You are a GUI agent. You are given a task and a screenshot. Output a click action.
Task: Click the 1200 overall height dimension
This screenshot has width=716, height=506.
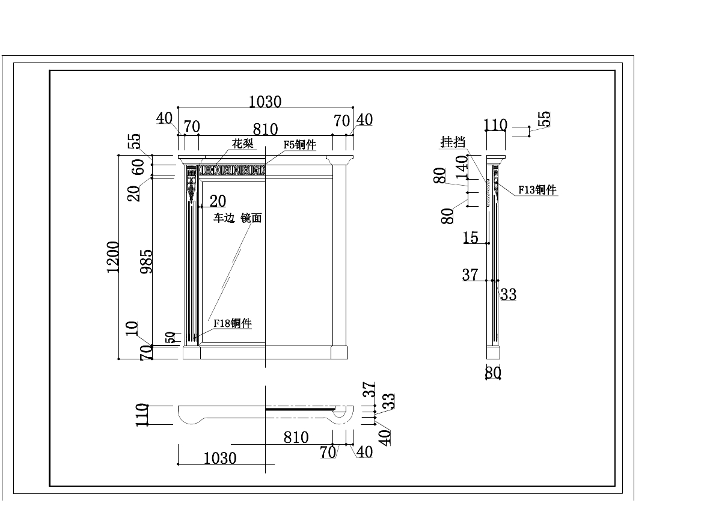pyautogui.click(x=113, y=257)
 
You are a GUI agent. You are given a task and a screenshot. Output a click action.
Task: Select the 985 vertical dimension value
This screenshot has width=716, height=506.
pyautogui.click(x=147, y=261)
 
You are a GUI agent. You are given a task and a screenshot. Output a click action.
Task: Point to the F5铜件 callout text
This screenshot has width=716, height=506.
pyautogui.click(x=299, y=145)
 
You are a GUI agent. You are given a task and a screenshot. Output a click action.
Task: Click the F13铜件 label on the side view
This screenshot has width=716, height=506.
pyautogui.click(x=537, y=190)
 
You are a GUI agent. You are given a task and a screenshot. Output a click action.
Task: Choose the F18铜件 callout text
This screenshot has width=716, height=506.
pyautogui.click(x=232, y=324)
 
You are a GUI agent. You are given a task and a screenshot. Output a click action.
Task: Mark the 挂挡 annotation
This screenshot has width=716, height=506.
pyautogui.click(x=453, y=142)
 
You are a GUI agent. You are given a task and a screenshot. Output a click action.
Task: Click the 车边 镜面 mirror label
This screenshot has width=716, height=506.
pyautogui.click(x=238, y=218)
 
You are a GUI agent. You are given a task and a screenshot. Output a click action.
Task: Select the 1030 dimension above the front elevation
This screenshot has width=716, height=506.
pyautogui.click(x=265, y=102)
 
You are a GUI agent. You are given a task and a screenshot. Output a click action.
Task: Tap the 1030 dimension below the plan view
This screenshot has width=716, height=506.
pyautogui.click(x=220, y=459)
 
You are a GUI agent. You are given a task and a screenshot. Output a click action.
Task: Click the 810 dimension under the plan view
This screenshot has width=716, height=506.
pyautogui.click(x=296, y=437)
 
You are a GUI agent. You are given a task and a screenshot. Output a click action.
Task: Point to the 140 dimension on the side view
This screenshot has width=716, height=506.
pyautogui.click(x=462, y=167)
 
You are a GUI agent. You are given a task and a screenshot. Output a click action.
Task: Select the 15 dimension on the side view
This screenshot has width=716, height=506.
pyautogui.click(x=471, y=238)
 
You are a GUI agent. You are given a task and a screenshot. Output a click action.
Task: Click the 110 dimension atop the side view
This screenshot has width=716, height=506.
pyautogui.click(x=495, y=126)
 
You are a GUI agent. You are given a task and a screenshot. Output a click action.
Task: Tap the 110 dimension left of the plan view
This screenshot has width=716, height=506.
pyautogui.click(x=142, y=415)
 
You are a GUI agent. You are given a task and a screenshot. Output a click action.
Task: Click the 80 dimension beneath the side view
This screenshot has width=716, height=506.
pyautogui.click(x=493, y=373)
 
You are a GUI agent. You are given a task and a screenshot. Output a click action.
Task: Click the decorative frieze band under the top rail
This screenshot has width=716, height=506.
pyautogui.click(x=232, y=171)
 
